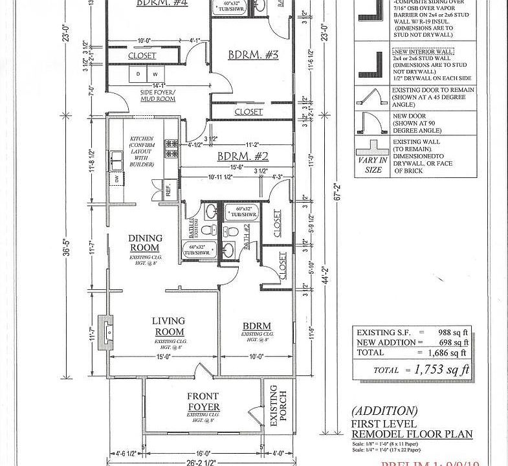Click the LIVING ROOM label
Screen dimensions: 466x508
[x=168, y=326]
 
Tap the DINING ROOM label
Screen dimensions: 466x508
[x=145, y=243]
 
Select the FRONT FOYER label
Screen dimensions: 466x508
[x=203, y=401]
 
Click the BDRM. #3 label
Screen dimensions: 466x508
[x=253, y=55]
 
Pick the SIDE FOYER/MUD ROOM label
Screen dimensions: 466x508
[x=158, y=96]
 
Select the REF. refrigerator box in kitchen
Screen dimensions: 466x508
[x=168, y=191]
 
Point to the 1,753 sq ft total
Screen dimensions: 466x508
[x=438, y=370]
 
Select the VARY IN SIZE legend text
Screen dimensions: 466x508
[x=373, y=165]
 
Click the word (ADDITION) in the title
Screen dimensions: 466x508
[x=384, y=411]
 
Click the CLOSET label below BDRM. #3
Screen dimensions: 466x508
[x=248, y=112]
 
